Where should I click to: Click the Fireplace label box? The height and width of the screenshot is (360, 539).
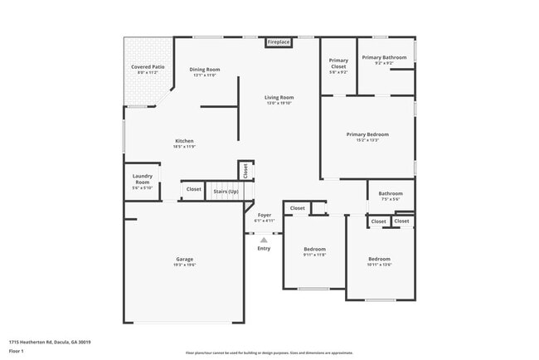click(x=278, y=41)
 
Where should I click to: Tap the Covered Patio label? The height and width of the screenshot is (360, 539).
click(x=146, y=70)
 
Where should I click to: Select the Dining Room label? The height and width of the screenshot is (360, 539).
click(x=204, y=71)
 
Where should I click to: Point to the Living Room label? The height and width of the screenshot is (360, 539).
click(x=279, y=100)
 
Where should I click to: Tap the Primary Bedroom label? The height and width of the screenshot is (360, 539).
click(x=367, y=137)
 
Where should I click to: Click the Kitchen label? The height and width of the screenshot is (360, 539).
click(x=184, y=144)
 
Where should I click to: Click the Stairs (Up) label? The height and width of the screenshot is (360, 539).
click(x=226, y=191)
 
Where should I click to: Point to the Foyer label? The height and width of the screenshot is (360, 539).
click(x=264, y=217)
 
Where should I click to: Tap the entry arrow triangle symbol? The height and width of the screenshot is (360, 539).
click(x=264, y=240)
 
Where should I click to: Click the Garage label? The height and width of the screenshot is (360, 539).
click(x=184, y=261)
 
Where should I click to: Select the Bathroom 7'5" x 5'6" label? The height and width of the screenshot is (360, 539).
click(x=391, y=196)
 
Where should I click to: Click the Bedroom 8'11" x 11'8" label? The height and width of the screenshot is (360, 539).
click(x=314, y=251)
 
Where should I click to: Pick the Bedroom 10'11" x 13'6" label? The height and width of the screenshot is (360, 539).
click(x=379, y=260)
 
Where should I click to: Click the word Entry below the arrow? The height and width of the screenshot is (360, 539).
click(x=264, y=249)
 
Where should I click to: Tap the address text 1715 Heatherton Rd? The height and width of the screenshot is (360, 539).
click(x=49, y=342)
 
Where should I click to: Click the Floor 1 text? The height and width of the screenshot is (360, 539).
click(x=17, y=351)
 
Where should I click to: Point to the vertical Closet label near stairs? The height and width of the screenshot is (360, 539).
click(x=246, y=170)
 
